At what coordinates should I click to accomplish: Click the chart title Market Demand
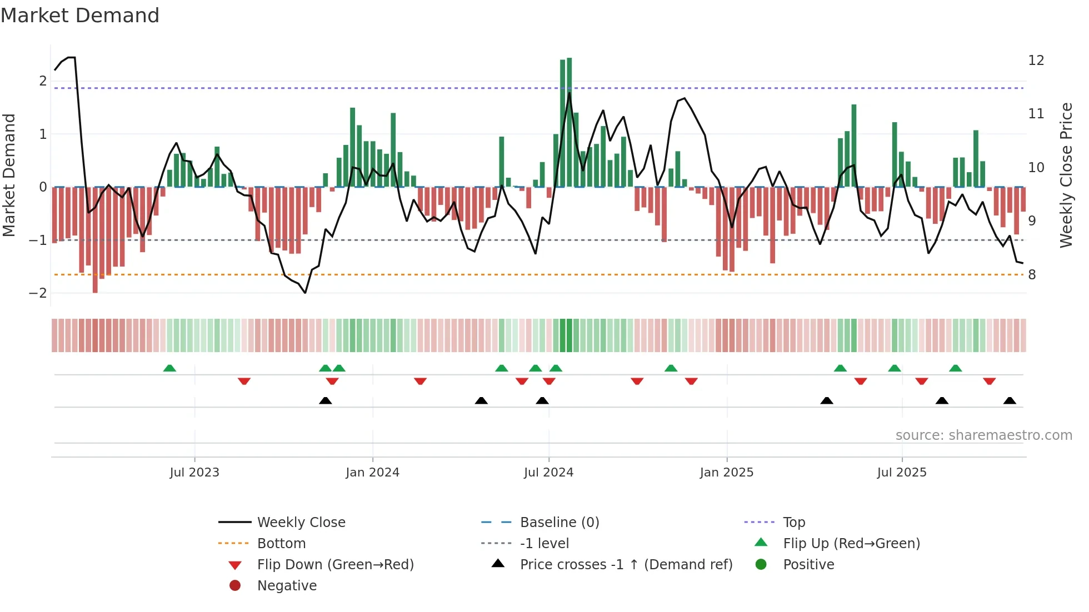[x=80, y=16]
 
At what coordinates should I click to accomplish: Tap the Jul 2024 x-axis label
[x=548, y=473]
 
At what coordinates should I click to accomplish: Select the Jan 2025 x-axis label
[x=726, y=473]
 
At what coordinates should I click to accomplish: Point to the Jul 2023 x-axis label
[x=194, y=473]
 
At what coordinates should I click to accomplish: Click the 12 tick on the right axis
[x=1036, y=61]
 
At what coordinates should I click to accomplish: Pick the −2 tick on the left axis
[x=38, y=293]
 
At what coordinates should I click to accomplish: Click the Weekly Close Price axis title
[x=1066, y=175]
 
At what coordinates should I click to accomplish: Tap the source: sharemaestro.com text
[x=983, y=435]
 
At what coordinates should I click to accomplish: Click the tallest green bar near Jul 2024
[x=569, y=122]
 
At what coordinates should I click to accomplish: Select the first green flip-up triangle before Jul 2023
[x=169, y=368]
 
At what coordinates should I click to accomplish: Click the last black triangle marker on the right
[x=1010, y=401]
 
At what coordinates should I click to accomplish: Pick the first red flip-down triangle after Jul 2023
[x=244, y=381]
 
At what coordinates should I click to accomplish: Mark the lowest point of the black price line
[x=305, y=293]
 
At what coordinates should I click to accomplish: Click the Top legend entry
[x=793, y=523]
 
